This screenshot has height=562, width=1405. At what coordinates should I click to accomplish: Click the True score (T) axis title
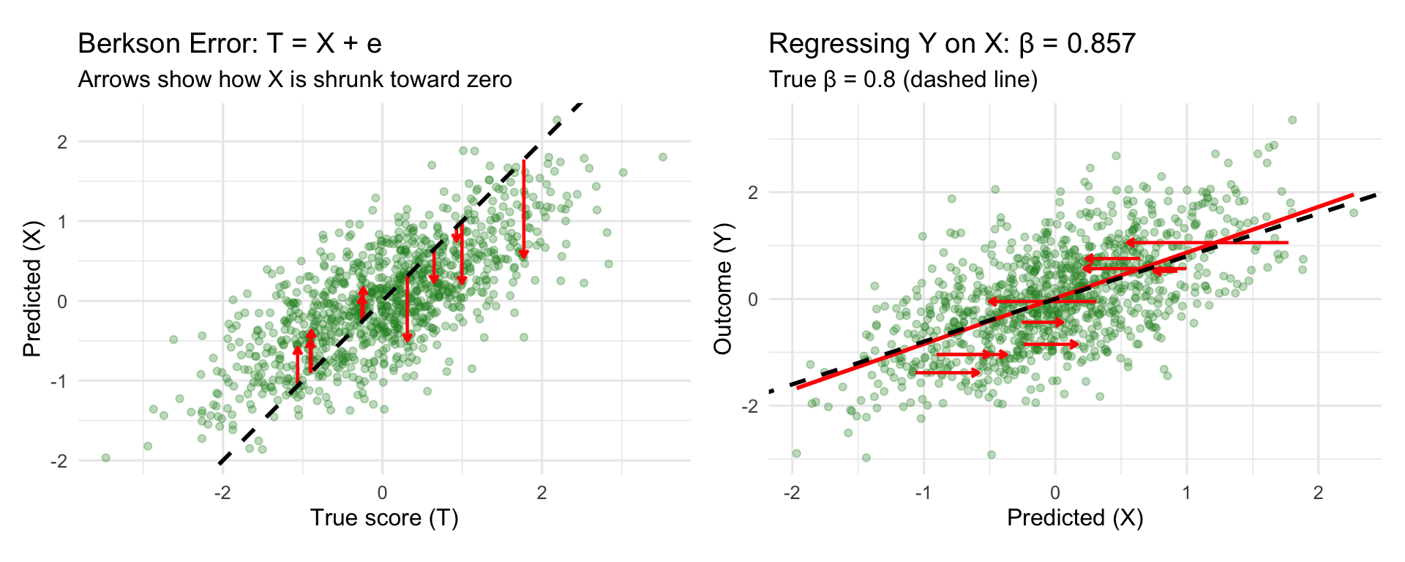pyautogui.click(x=384, y=517)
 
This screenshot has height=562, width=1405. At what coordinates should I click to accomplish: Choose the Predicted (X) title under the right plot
pyautogui.click(x=1075, y=517)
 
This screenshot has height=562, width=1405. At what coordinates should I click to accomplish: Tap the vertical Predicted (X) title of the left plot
pyautogui.click(x=32, y=290)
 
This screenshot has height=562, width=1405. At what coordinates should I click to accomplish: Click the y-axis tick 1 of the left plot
pyautogui.click(x=62, y=221)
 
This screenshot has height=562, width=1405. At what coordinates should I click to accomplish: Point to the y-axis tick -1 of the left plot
pyautogui.click(x=60, y=381)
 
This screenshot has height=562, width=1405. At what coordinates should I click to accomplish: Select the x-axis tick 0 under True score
pyautogui.click(x=382, y=492)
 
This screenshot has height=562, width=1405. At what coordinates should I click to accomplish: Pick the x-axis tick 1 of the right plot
pyautogui.click(x=1186, y=492)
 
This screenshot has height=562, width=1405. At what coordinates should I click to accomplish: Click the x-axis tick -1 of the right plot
pyautogui.click(x=922, y=492)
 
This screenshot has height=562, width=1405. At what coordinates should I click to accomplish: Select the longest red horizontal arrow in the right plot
pyautogui.click(x=1207, y=242)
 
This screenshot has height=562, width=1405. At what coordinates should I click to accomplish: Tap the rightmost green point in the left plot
pyautogui.click(x=663, y=157)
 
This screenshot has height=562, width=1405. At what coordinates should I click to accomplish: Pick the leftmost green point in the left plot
pyautogui.click(x=105, y=457)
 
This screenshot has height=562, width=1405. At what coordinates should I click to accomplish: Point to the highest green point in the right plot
pyautogui.click(x=1292, y=120)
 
